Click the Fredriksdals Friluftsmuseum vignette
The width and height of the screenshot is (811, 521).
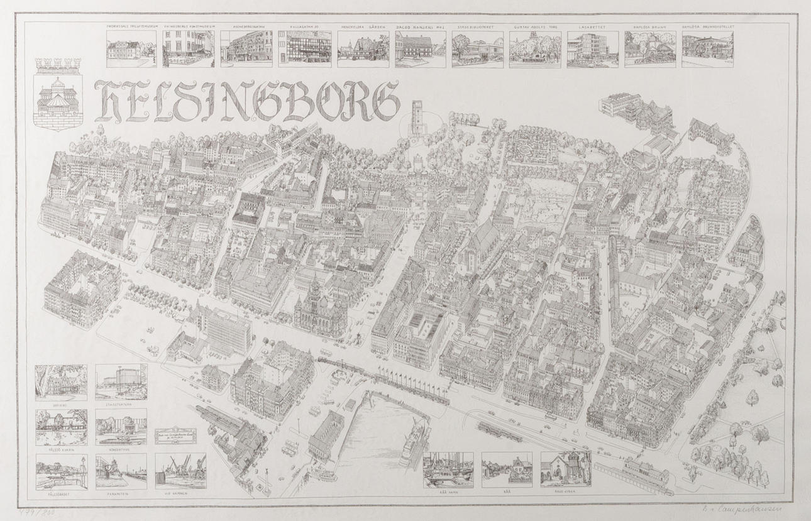[131, 49]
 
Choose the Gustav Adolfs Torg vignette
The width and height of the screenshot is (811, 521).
[535, 49]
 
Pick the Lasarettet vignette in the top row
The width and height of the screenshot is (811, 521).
[592, 49]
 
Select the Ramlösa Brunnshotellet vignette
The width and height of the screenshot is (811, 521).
[707, 49]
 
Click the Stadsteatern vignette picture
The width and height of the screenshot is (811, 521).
[121, 382]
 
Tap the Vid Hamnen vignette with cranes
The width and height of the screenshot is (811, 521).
[180, 470]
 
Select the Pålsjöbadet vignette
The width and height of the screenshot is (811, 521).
[61, 471]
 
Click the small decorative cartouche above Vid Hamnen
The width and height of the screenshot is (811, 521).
[175, 436]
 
